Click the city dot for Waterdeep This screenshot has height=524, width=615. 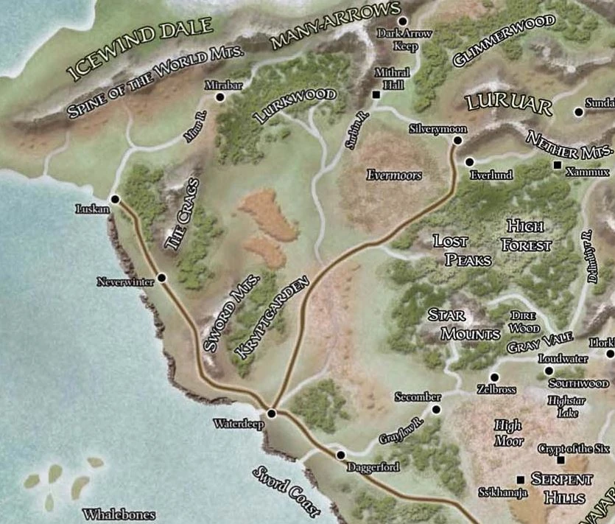(272, 413)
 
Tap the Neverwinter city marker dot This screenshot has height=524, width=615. (161, 278)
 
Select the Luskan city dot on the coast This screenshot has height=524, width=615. (115, 199)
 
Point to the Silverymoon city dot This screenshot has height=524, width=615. (457, 140)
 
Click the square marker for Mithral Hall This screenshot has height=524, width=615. (376, 95)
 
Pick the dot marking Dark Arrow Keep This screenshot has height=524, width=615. (403, 21)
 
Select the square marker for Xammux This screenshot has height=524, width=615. (558, 164)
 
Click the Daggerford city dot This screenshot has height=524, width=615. (340, 455)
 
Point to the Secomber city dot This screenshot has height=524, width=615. (435, 409)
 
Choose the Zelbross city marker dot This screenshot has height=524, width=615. (494, 377)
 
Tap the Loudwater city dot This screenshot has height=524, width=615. (549, 370)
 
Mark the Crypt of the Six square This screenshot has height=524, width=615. (560, 460)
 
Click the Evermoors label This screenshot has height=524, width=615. (393, 175)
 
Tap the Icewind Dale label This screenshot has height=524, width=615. (140, 49)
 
